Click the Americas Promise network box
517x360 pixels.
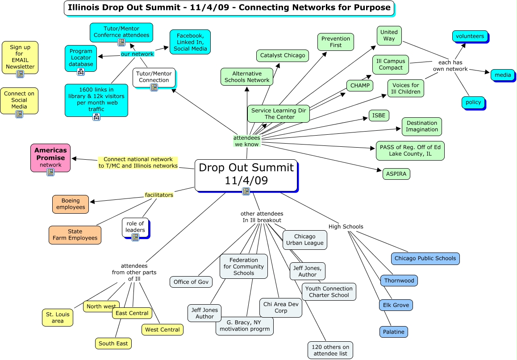[x=50, y=157]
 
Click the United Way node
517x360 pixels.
[x=389, y=35]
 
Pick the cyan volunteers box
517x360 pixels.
[x=470, y=36]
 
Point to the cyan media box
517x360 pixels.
[x=502, y=75]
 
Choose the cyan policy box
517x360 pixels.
[x=473, y=102]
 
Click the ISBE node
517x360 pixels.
[x=379, y=116]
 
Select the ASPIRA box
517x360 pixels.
[x=396, y=174]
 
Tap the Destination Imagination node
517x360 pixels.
[x=422, y=126]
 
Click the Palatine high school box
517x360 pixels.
[x=393, y=332]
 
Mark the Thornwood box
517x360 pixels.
[x=399, y=281]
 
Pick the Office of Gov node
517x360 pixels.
[x=191, y=282]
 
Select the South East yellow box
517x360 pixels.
[x=113, y=343]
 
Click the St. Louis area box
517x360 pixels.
[x=58, y=317]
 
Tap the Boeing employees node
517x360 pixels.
[x=71, y=204]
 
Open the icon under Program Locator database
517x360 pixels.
[x=81, y=72]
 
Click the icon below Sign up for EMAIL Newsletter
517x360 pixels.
[x=20, y=74]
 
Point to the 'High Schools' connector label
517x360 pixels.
[x=346, y=227]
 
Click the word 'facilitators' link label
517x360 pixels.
[x=159, y=195]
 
